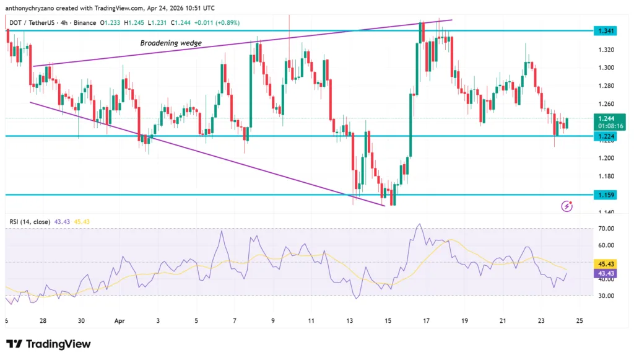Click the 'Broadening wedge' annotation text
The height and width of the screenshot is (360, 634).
pos(170,43)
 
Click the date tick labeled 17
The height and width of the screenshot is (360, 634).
pos(426,321)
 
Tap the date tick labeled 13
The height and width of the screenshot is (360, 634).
pos(350,321)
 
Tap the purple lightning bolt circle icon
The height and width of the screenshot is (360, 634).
pos(566,206)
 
